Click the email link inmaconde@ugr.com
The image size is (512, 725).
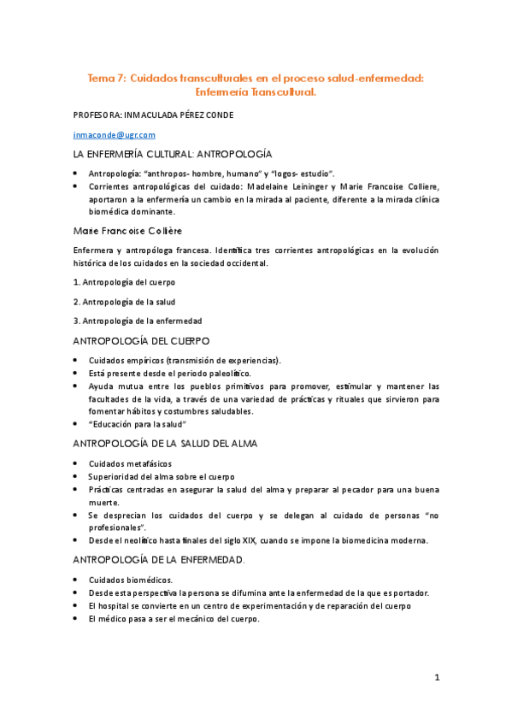(x=114, y=134)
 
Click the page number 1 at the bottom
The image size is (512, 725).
(x=436, y=678)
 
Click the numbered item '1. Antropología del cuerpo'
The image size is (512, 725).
(x=123, y=283)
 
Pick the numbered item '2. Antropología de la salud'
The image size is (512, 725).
(x=123, y=301)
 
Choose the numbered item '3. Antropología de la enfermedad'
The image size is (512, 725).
(x=137, y=321)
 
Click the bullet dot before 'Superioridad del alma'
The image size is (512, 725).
(x=77, y=476)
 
